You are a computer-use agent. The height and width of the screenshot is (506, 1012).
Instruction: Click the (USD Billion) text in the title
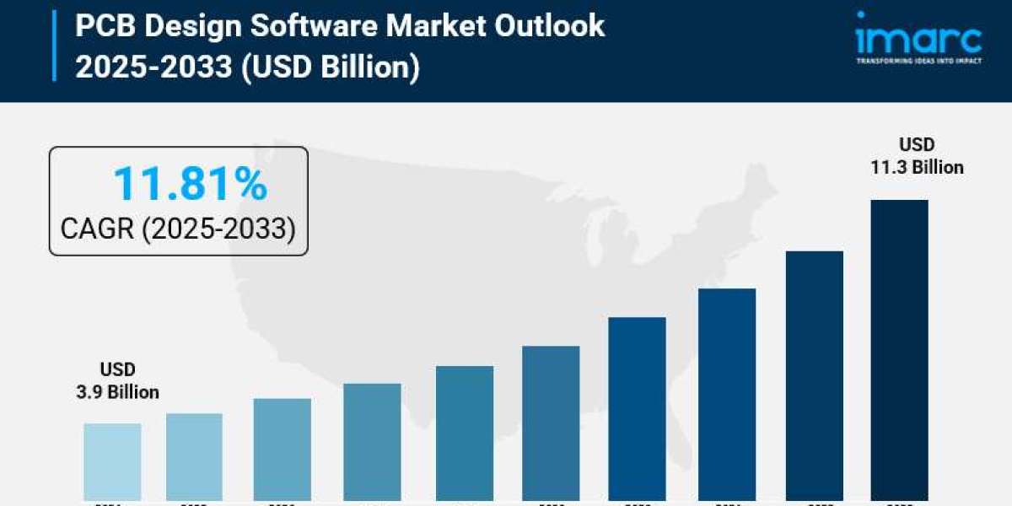pyautogui.click(x=330, y=67)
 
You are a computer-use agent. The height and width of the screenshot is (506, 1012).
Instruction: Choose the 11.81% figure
pyautogui.click(x=190, y=184)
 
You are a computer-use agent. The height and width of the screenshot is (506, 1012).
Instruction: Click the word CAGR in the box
pyautogui.click(x=97, y=228)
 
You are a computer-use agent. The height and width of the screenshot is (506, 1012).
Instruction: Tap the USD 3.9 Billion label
pyautogui.click(x=117, y=381)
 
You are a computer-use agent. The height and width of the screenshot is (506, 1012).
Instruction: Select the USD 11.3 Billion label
pyautogui.click(x=917, y=156)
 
